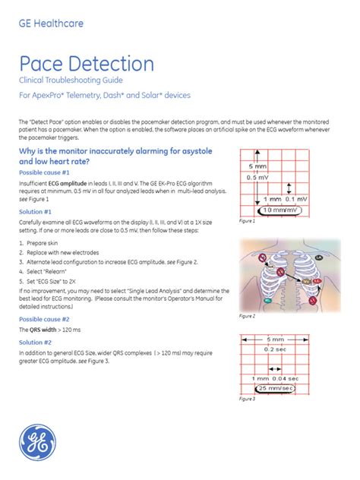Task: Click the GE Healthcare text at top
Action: pos(50,23)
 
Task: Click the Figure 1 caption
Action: pos(247,221)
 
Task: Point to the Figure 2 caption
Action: pos(247,315)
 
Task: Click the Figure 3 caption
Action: pos(247,398)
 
